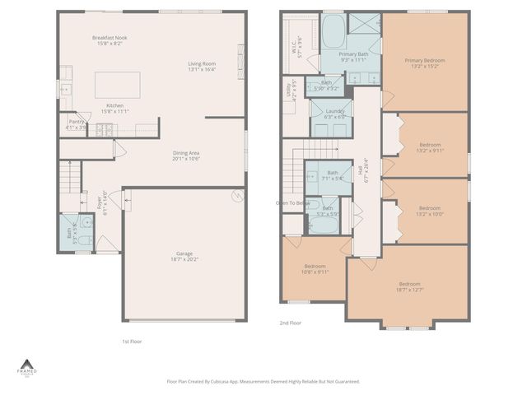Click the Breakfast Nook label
coord(109,39)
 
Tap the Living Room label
coord(202,66)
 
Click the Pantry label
coord(77,124)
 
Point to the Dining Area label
coord(186,156)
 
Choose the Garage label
coord(185,256)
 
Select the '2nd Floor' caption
coord(290,323)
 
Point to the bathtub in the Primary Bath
coord(334,34)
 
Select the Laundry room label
coord(333,114)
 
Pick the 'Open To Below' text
coord(292,202)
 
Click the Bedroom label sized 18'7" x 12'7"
coord(409,286)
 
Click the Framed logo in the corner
coord(27,367)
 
